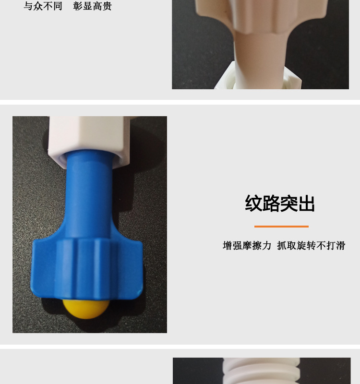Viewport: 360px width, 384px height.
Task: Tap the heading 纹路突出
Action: pos(280,204)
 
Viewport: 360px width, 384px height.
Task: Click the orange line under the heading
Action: pos(281,226)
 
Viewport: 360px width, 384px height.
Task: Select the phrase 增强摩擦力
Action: pos(247,246)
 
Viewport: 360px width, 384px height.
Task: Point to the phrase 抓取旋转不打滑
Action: pos(311,246)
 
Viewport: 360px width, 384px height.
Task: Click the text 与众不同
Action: pos(43,6)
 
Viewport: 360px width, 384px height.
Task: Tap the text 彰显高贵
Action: pos(93,6)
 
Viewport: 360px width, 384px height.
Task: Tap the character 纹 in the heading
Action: pos(254,204)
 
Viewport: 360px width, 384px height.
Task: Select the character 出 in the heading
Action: pos(306,204)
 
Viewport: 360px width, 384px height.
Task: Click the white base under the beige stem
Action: pos(250,77)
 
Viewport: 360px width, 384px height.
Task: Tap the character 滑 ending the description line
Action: pos(340,246)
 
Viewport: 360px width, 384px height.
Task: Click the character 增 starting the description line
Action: pos(228,246)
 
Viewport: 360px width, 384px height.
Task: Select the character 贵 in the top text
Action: pos(107,6)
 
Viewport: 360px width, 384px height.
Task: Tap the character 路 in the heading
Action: pos(271,204)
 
